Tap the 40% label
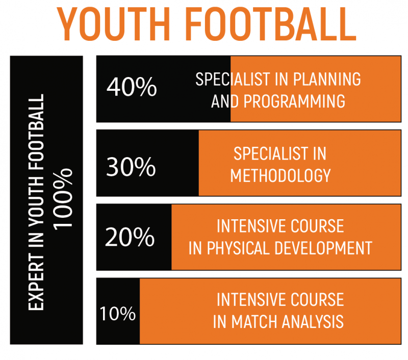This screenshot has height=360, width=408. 132,88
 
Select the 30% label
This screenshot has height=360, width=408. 131,166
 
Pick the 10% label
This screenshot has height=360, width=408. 117,313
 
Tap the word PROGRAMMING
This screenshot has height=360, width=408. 294,101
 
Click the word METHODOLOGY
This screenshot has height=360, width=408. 280,175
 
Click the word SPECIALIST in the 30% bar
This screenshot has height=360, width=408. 264,153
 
